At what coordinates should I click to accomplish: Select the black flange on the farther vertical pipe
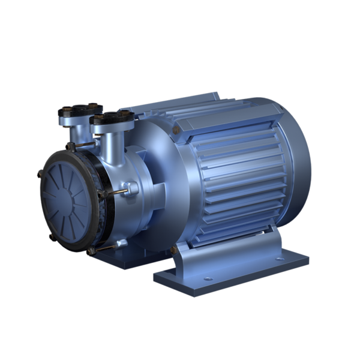[73, 112]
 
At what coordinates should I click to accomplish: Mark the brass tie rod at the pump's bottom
[108, 247]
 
